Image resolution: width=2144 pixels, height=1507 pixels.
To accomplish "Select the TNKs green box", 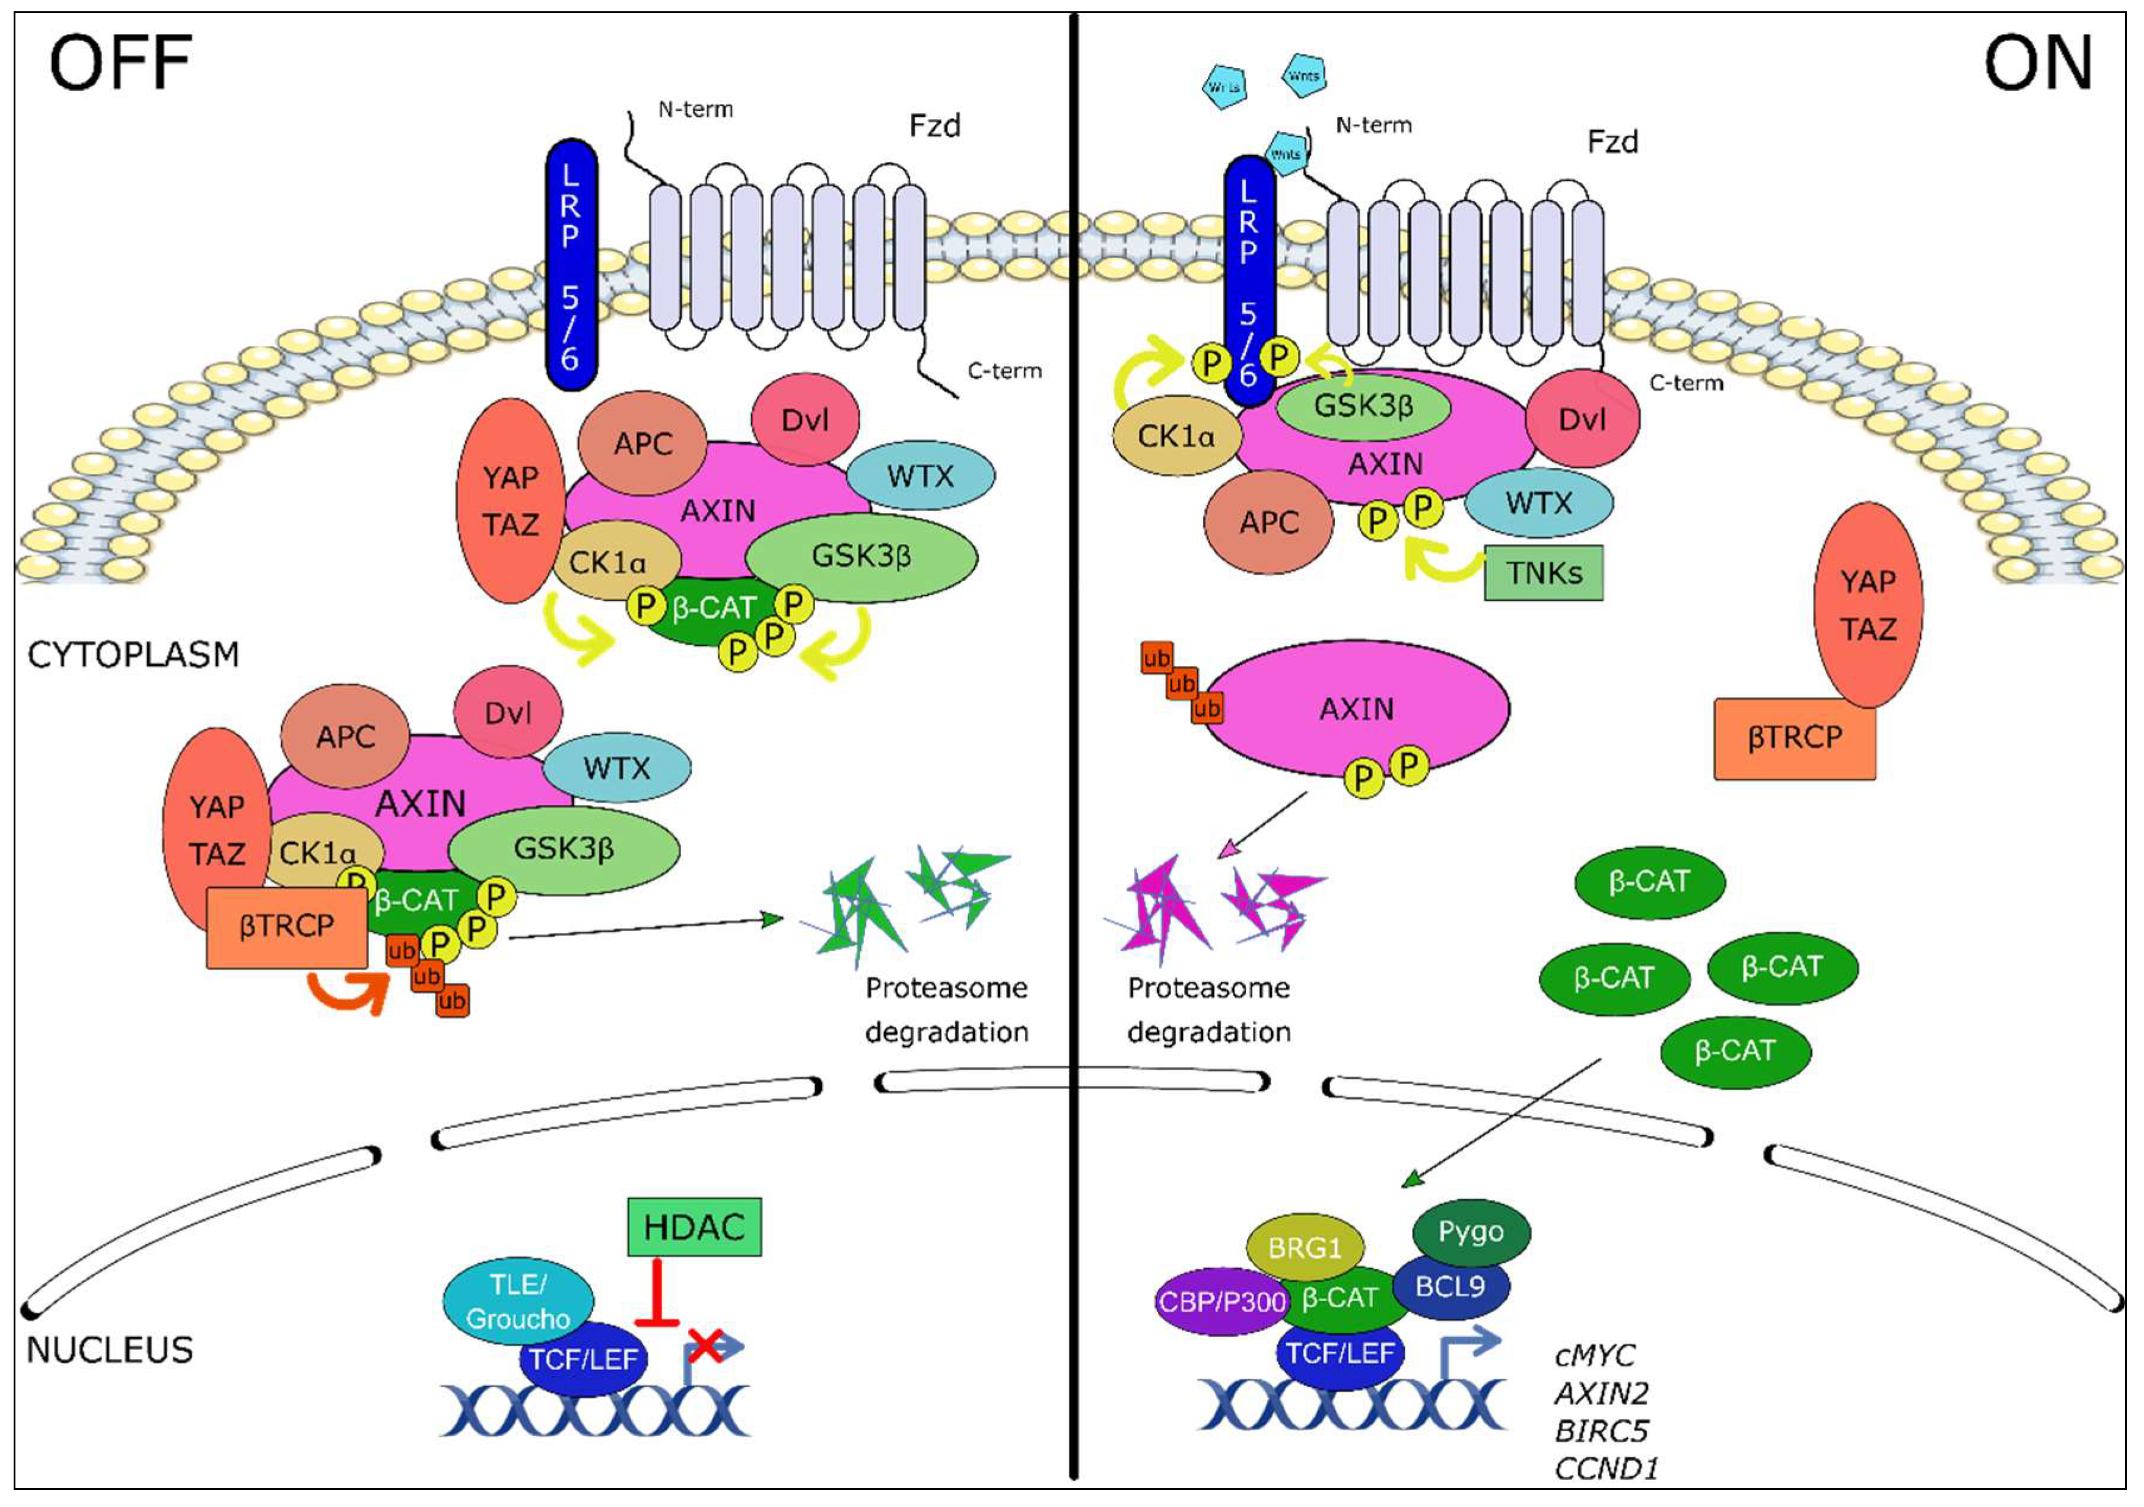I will (x=1544, y=572).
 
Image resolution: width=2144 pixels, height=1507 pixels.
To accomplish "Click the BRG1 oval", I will (x=1305, y=1247).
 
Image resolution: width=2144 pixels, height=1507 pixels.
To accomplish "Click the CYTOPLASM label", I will (x=133, y=655).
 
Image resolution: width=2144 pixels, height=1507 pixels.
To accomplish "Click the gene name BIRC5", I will (x=1601, y=1431).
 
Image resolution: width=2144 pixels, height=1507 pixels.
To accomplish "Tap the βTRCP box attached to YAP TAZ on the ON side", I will (x=1794, y=738).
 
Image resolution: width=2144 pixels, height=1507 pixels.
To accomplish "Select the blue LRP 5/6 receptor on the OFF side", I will (x=571, y=265).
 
